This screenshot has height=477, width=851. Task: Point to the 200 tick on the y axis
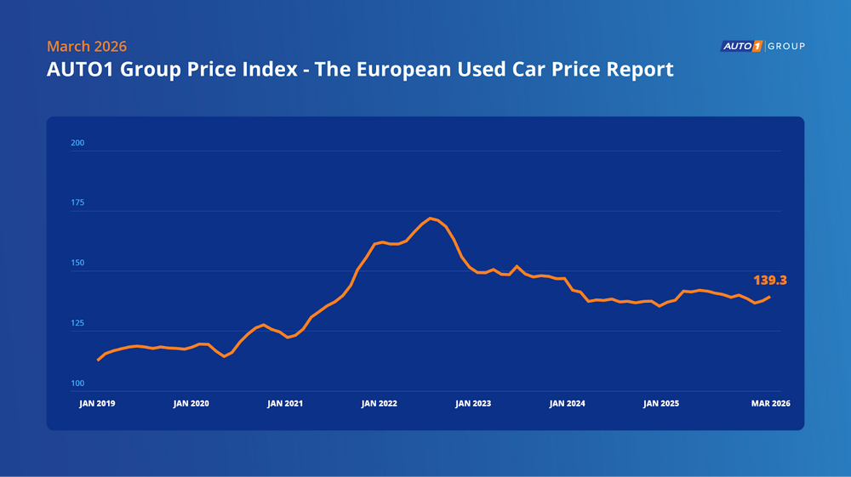pyautogui.click(x=77, y=143)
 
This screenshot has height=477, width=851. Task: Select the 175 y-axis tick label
pyautogui.click(x=77, y=203)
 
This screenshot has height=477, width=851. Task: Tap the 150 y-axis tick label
pyautogui.click(x=77, y=264)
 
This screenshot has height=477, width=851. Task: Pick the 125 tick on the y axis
pyautogui.click(x=77, y=324)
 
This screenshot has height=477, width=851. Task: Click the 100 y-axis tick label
pyautogui.click(x=77, y=384)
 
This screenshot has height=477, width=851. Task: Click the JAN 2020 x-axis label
pyautogui.click(x=191, y=404)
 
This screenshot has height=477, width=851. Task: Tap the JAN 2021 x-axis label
pyautogui.click(x=285, y=404)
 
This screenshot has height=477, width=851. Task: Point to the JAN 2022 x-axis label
pyautogui.click(x=380, y=404)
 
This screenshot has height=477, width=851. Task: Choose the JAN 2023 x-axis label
pyautogui.click(x=473, y=404)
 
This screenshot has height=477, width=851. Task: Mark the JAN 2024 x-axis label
pyautogui.click(x=568, y=404)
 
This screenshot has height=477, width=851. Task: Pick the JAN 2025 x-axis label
pyautogui.click(x=662, y=404)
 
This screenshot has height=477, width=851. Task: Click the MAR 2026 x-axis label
pyautogui.click(x=770, y=404)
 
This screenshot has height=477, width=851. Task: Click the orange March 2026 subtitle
pyautogui.click(x=87, y=47)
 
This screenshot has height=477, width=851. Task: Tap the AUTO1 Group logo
pyautogui.click(x=762, y=46)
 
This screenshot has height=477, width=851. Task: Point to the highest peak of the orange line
pyautogui.click(x=431, y=219)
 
